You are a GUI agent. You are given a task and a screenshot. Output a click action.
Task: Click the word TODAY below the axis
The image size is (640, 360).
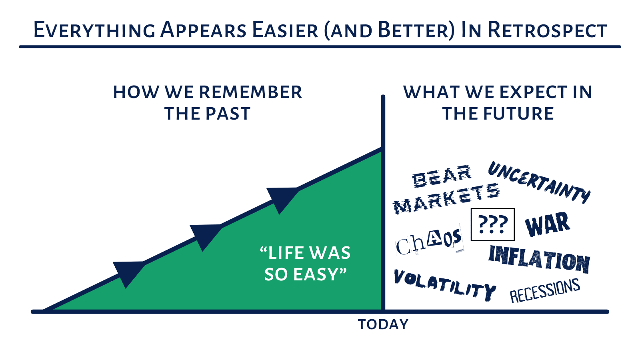(x=383, y=324)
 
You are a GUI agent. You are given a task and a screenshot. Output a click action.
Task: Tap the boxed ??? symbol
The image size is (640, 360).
(x=492, y=224)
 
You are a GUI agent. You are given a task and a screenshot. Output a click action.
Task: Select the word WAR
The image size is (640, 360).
(x=548, y=224)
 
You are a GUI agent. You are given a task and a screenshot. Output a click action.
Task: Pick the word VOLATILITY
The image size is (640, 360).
(x=444, y=284)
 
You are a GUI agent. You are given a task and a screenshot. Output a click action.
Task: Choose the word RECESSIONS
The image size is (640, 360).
(x=545, y=290)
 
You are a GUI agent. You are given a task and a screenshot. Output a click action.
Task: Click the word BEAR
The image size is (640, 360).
(x=442, y=176)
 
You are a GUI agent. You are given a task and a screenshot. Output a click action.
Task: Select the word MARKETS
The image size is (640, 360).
(x=446, y=199)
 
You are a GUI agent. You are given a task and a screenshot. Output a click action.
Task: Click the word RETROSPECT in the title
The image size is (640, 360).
(x=547, y=30)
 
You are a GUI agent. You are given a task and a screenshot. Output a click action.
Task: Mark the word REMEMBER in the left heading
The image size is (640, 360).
(x=250, y=92)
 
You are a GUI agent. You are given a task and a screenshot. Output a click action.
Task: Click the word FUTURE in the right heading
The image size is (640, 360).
(x=518, y=114)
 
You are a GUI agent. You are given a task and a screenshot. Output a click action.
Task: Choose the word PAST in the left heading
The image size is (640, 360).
(x=228, y=114)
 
